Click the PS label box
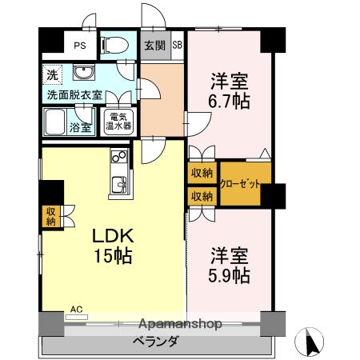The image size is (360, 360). (x=79, y=46)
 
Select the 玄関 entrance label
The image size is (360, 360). (x=154, y=46)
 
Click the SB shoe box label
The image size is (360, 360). (x=177, y=46)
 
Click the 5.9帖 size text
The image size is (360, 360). (x=230, y=277)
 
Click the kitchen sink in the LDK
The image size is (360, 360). (x=118, y=185)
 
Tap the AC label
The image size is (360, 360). (x=77, y=308)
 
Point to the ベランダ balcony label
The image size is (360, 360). (x=156, y=342)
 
